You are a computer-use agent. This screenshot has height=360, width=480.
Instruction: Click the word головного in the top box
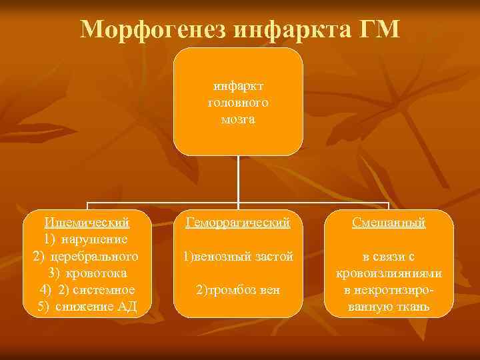pyautogui.click(x=238, y=103)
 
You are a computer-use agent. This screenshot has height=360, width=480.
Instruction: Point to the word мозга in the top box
pyautogui.click(x=238, y=119)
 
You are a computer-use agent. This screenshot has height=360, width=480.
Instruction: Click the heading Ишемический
pyautogui.click(x=86, y=222)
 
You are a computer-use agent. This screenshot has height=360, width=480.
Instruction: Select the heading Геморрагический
pyautogui.click(x=238, y=222)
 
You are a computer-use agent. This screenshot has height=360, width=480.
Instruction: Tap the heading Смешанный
pyautogui.click(x=389, y=222)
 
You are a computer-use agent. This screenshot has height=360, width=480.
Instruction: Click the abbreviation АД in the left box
pyautogui.click(x=125, y=307)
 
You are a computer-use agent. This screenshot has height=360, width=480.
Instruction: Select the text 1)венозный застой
pyautogui.click(x=238, y=256)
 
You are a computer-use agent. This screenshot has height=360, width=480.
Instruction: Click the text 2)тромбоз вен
pyautogui.click(x=238, y=290)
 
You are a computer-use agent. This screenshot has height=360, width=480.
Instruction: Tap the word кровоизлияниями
pyautogui.click(x=389, y=273)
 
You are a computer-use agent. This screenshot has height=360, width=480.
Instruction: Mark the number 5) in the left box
pyautogui.click(x=44, y=307)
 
